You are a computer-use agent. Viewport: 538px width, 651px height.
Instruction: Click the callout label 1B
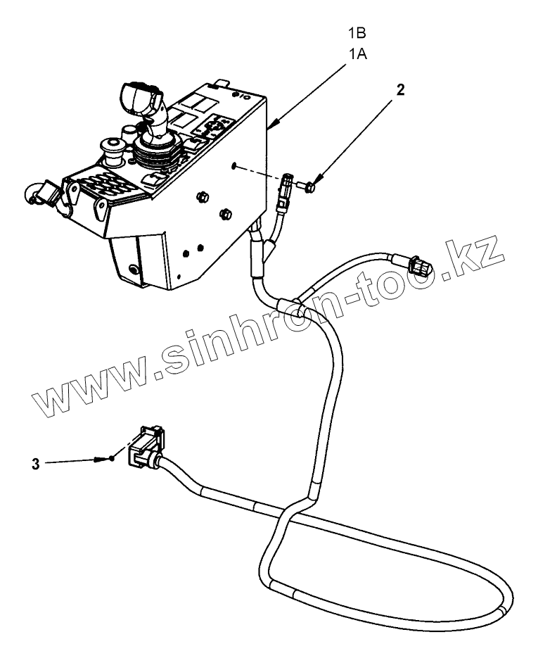coord(358,33)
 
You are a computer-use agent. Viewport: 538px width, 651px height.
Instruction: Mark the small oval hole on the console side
coord(233,167)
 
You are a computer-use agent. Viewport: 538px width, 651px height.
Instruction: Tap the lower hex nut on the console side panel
coord(226,213)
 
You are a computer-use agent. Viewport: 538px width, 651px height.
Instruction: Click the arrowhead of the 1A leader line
coord(272,128)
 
